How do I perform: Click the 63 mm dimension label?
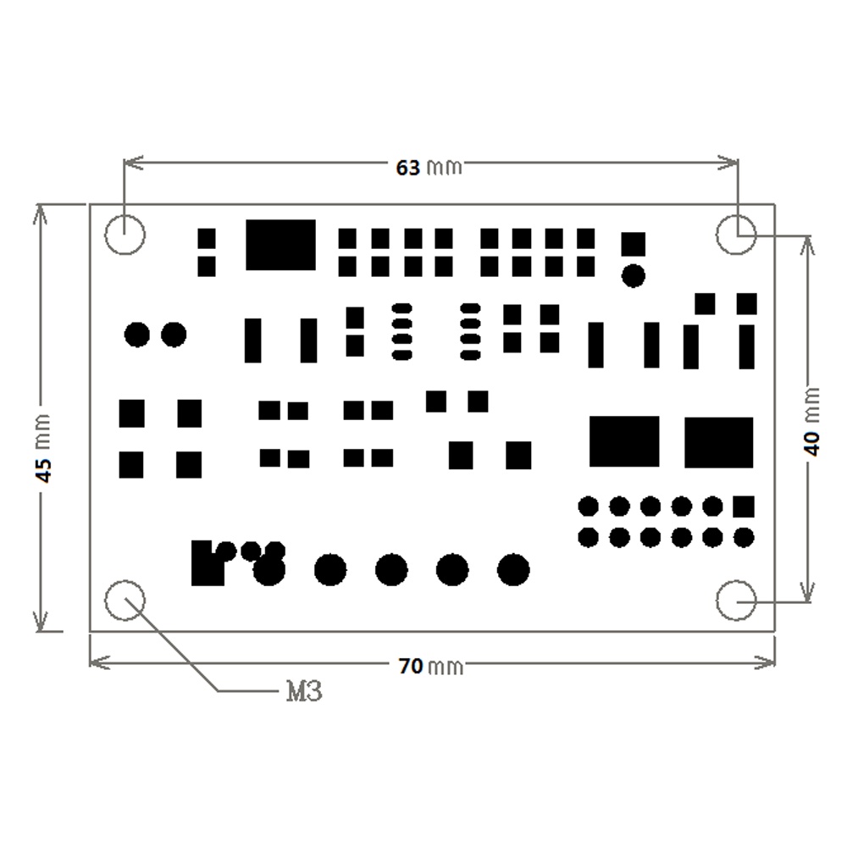429,168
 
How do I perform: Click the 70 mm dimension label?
431,666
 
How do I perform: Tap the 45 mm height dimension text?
43,448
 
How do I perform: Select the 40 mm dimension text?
812,422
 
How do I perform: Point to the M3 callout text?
304,691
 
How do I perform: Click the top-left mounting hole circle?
125,214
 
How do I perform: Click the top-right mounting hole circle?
737,214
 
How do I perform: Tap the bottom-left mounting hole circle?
125,581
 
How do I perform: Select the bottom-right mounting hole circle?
736,581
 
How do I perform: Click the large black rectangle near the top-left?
281,245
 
